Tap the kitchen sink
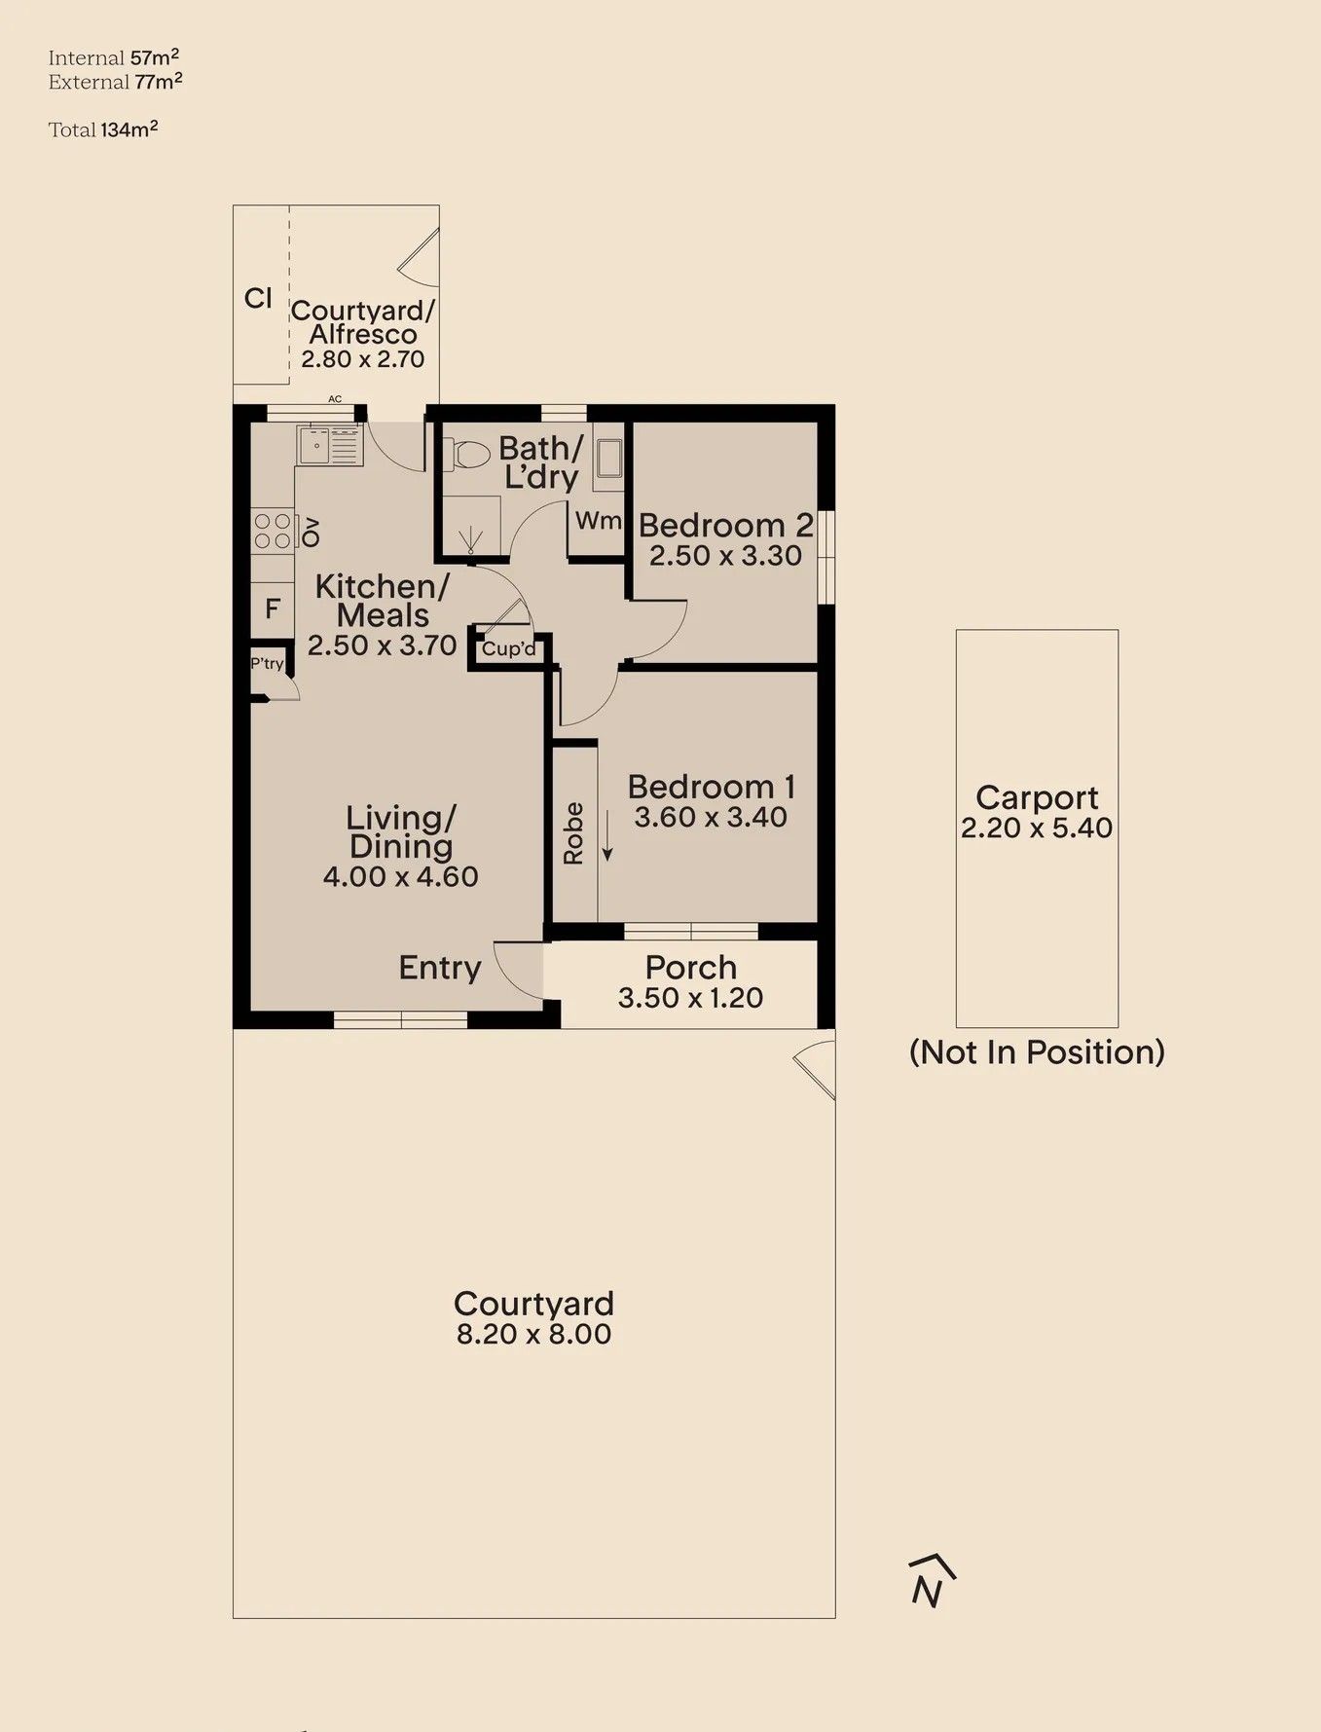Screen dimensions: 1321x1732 (x=330, y=446)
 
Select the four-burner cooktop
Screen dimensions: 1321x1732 (x=273, y=531)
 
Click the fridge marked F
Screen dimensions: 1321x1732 (x=273, y=609)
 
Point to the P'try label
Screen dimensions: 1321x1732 (x=267, y=664)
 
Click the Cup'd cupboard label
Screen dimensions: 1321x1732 (x=509, y=648)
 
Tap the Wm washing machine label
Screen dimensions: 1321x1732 (x=598, y=521)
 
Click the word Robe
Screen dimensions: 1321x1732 (x=573, y=833)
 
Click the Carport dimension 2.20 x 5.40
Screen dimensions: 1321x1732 (x=1037, y=828)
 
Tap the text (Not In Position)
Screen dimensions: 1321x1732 (x=1037, y=1052)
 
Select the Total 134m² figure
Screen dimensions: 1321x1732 (x=103, y=129)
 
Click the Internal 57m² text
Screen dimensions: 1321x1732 (x=114, y=57)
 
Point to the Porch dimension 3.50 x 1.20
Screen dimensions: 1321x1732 (x=690, y=998)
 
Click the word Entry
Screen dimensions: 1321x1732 (x=440, y=968)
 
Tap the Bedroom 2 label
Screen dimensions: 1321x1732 (x=725, y=526)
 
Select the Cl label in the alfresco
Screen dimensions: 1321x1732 (x=258, y=298)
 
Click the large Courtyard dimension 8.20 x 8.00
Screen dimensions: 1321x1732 (x=534, y=1334)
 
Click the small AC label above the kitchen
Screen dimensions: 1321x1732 (x=335, y=399)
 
